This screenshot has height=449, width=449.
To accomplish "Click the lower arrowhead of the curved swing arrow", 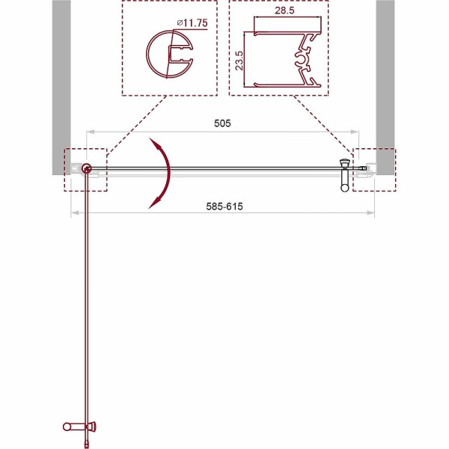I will (x=153, y=204).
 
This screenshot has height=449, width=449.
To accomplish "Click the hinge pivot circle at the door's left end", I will (x=88, y=170).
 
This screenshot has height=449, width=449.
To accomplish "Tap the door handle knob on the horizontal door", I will (x=345, y=166).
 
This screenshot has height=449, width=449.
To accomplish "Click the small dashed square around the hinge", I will (x=86, y=170).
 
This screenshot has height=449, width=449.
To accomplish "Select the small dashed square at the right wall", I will (x=374, y=170).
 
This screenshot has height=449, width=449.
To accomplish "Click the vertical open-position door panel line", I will (x=88, y=299).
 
